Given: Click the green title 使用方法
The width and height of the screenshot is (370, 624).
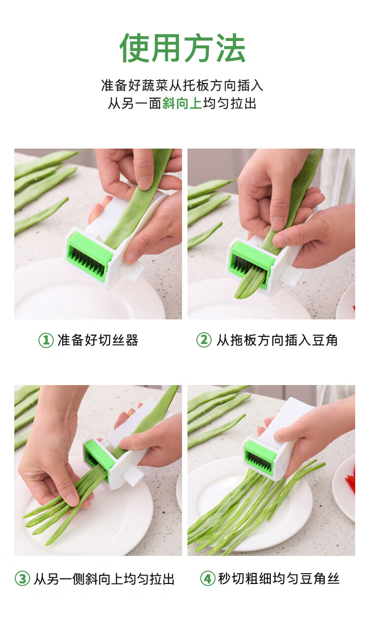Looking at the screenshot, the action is tap(183, 48).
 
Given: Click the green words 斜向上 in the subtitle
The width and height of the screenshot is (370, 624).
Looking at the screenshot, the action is tap(182, 103).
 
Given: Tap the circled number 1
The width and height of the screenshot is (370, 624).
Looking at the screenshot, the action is tap(46, 340).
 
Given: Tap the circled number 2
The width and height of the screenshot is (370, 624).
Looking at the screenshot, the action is tap(204, 340).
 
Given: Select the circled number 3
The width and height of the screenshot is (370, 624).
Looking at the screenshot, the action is tap(22, 578).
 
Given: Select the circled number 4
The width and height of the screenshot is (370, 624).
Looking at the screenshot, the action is tap(208, 578).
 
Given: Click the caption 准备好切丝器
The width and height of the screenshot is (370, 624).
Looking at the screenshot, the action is tap(98, 340).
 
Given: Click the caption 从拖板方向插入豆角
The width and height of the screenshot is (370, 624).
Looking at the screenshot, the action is tap(277, 340).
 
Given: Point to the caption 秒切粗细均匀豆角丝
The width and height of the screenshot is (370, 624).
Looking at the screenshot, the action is tap(279, 578).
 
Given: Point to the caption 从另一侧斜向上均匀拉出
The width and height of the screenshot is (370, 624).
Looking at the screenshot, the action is tap(104, 579).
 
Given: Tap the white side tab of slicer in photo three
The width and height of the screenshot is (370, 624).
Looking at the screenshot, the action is tap(133, 475).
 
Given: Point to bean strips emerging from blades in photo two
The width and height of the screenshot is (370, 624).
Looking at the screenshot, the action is tap(249, 282).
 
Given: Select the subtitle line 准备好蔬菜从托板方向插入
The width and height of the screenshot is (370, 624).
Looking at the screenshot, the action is tap(182, 85).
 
